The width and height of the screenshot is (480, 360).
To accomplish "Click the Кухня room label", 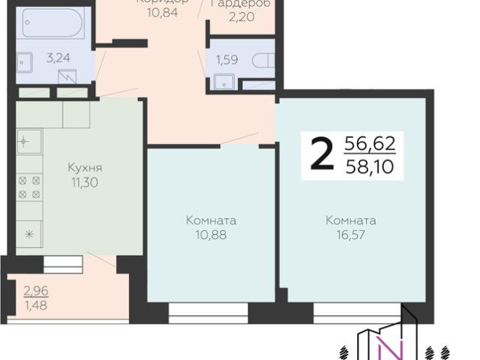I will pyautogui.click(x=84, y=167).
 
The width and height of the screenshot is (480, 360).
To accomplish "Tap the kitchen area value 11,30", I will pyautogui.click(x=84, y=181).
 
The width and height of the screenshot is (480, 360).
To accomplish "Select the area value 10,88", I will pyautogui.click(x=211, y=235).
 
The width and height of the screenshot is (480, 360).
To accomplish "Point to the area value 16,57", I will pyautogui.click(x=350, y=235).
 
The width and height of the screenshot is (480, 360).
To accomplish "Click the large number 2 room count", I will pyautogui.click(x=321, y=155).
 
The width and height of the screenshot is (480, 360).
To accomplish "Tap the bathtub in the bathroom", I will pyautogui.click(x=52, y=23).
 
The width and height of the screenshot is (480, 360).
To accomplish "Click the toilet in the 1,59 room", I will pyautogui.click(x=262, y=60).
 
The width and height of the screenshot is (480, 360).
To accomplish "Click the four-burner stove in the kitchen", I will pyautogui.click(x=29, y=187).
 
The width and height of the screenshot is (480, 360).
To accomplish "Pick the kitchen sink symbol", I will pyautogui.click(x=28, y=140).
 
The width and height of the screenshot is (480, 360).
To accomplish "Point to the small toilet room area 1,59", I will pyautogui.click(x=227, y=59).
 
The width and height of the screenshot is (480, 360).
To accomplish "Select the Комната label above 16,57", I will pyautogui.click(x=350, y=221).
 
